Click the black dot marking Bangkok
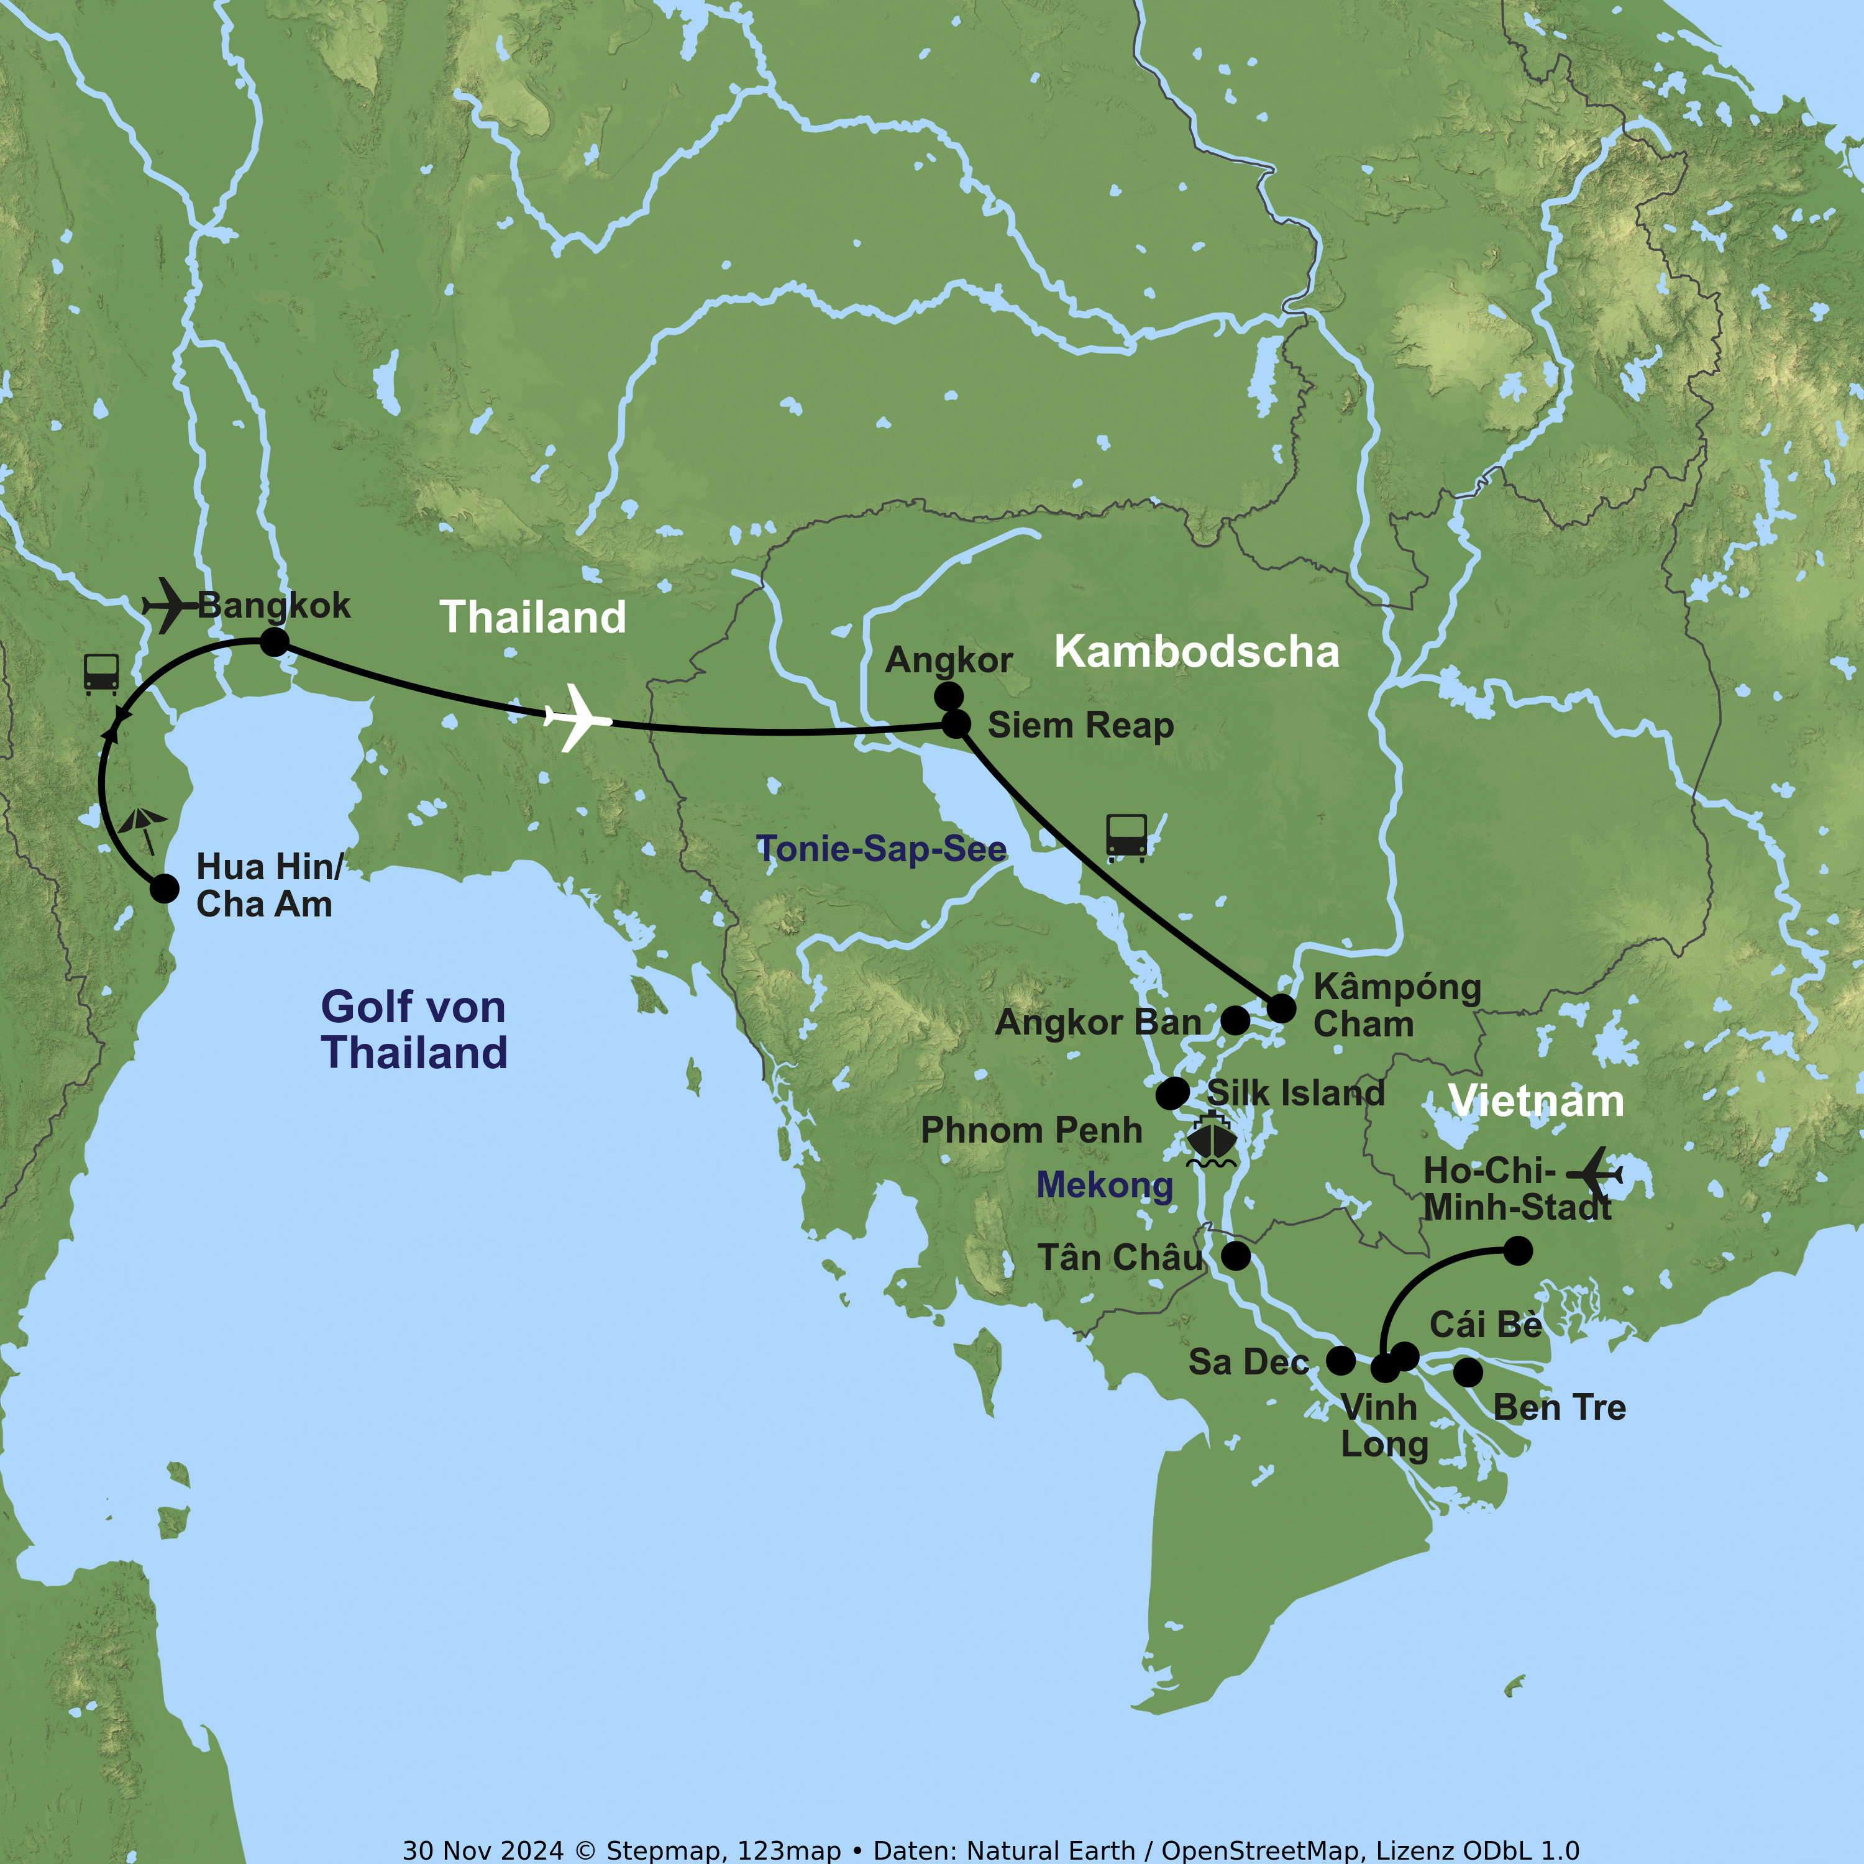pos(274,642)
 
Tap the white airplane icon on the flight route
pos(577,718)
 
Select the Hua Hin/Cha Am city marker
pos(164,889)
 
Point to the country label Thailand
pos(532,618)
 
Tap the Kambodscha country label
pos(1196,652)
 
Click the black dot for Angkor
pos(948,696)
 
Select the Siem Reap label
pos(1080,726)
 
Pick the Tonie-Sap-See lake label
pos(881,849)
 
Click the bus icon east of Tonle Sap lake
pos(1126,836)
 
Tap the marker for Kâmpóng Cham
pos(1281,1008)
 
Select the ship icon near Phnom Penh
pos(1212,1140)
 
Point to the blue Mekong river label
pos(1105,1185)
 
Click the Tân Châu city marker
pos(1236,1255)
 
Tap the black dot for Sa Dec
pos(1341,1360)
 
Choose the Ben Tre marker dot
pos(1468,1372)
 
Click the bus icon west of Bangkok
pos(101,674)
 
